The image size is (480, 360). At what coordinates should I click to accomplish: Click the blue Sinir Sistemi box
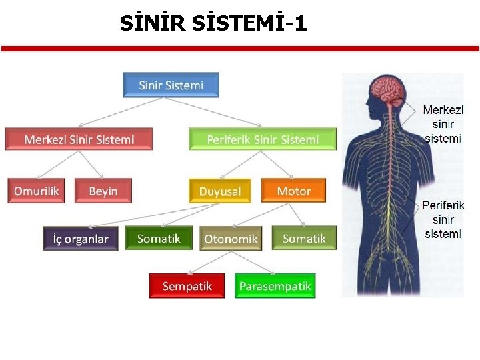[171, 85]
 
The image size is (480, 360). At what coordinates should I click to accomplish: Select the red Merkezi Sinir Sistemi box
[79, 139]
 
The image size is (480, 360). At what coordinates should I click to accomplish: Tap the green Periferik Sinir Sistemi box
[263, 139]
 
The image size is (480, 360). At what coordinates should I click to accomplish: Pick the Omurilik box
[37, 191]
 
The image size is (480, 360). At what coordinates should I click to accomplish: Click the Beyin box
[103, 191]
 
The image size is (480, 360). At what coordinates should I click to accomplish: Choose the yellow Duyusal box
[220, 191]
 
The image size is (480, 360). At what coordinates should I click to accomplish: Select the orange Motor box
[293, 191]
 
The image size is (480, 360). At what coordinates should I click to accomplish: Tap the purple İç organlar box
[80, 239]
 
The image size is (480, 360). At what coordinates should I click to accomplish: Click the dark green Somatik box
[159, 238]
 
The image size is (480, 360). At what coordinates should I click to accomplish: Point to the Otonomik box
[230, 239]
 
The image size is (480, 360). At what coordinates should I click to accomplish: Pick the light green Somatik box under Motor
[304, 238]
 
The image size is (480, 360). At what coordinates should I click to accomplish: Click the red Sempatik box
[187, 286]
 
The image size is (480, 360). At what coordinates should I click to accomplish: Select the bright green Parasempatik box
[275, 286]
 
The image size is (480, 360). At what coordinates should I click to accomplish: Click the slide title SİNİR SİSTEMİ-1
[213, 24]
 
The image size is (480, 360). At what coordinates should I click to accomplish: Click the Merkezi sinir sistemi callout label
[443, 124]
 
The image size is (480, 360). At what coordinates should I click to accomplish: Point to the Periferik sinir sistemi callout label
[443, 219]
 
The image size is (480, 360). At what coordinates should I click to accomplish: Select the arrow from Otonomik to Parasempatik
[250, 262]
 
